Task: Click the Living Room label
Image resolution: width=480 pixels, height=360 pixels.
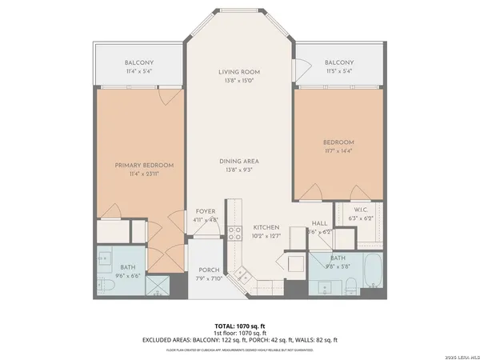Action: (239, 72)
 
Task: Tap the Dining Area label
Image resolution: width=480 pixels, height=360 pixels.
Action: (239, 161)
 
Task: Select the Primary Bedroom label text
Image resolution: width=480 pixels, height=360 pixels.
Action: (144, 165)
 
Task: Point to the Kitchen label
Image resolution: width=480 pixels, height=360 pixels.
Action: (266, 226)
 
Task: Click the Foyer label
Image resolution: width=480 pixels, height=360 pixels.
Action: (206, 211)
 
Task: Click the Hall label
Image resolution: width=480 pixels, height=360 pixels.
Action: (319, 224)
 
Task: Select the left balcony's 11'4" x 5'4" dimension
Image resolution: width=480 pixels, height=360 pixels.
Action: (139, 71)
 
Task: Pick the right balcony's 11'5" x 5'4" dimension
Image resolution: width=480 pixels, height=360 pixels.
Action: (339, 71)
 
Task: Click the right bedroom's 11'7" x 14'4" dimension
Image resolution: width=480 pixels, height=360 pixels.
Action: (339, 150)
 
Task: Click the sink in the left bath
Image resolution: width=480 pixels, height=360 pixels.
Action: (106, 258)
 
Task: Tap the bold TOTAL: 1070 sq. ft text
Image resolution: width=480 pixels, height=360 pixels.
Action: (239, 326)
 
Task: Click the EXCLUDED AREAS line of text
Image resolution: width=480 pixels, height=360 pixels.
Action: (239, 340)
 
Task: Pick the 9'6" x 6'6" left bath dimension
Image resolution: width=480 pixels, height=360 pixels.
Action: (128, 275)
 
